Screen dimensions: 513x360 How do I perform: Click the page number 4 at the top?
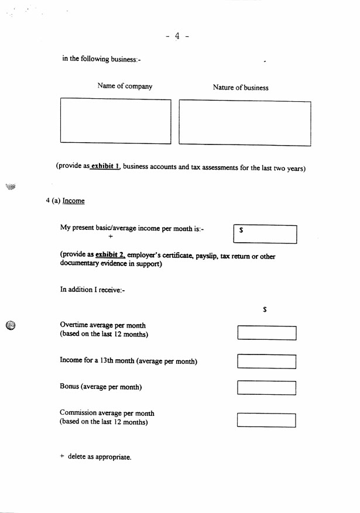[x=177, y=36]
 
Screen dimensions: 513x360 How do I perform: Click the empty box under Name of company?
[x=115, y=121]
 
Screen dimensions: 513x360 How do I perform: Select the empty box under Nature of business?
[x=245, y=123]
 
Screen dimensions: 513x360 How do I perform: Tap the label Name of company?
[x=125, y=87]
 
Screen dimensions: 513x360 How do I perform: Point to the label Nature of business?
[x=241, y=88]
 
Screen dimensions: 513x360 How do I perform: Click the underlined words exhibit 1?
[x=105, y=167]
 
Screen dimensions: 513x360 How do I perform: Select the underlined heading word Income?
[x=74, y=201]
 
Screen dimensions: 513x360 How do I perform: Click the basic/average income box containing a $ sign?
[x=265, y=234]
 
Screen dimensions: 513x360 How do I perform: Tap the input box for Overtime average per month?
[x=266, y=333]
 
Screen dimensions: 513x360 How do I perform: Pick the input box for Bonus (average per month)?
[x=266, y=388]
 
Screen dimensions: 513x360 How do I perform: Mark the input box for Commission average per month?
[x=266, y=420]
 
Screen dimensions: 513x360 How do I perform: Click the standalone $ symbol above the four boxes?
[x=265, y=310]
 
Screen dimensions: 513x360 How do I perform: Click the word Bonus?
[x=69, y=387]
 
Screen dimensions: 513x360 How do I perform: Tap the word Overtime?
[x=75, y=325]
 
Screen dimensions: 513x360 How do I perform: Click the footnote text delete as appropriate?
[x=99, y=457]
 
